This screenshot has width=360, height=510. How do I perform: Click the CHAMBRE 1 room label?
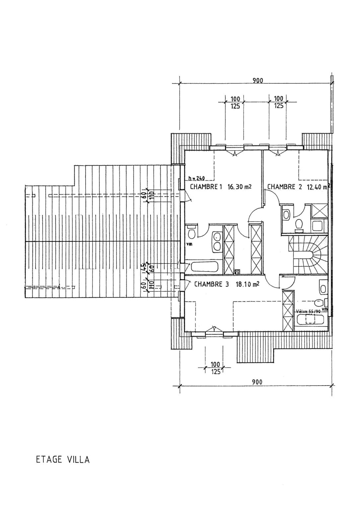206,187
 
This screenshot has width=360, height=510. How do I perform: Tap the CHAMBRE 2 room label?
284,187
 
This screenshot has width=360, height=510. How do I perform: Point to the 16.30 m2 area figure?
240,187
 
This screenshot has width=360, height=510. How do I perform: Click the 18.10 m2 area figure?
247,284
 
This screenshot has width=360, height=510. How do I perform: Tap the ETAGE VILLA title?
63,460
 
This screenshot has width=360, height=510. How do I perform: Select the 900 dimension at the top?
258,80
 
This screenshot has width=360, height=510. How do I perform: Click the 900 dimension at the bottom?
257,382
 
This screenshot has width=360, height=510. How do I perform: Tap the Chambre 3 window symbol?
214,333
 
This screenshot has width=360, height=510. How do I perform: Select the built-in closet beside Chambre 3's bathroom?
288,310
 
